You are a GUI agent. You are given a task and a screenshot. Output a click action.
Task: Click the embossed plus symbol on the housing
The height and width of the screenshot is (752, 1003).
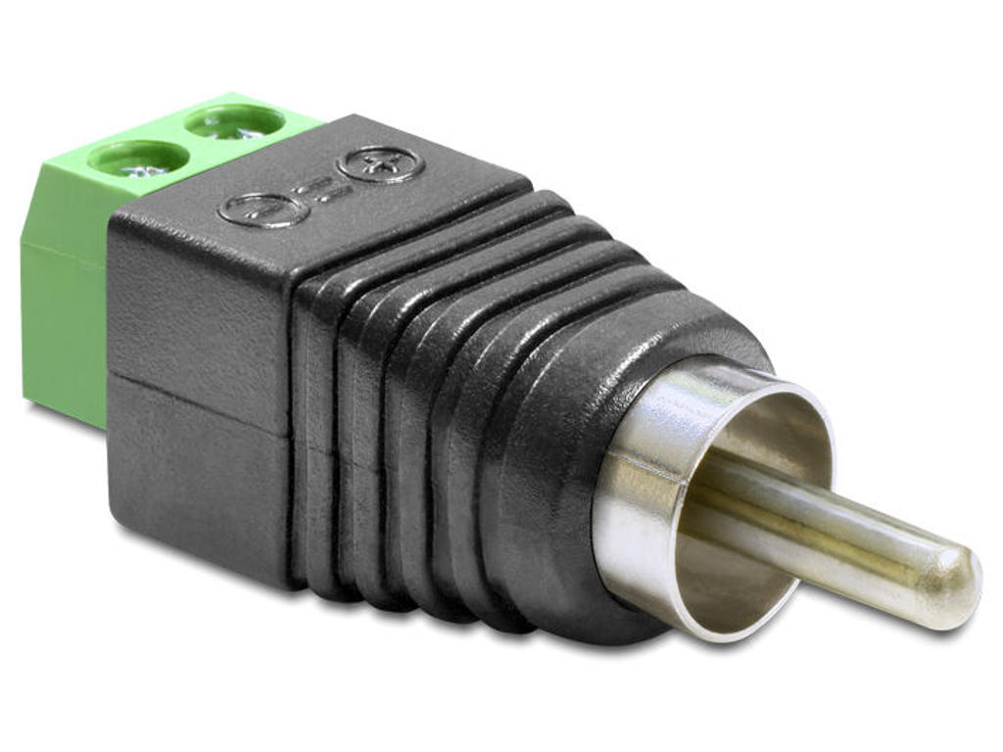pyautogui.click(x=380, y=164)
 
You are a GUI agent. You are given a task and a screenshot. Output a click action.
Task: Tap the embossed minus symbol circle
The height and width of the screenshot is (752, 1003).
pyautogui.click(x=263, y=209)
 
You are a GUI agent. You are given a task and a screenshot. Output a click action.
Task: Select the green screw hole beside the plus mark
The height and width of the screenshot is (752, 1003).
pyautogui.click(x=234, y=121)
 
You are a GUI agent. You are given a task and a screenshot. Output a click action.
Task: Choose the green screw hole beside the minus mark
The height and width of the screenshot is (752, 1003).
pyautogui.click(x=138, y=158)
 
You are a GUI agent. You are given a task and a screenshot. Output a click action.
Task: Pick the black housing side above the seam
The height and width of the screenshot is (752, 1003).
pyautogui.click(x=196, y=313)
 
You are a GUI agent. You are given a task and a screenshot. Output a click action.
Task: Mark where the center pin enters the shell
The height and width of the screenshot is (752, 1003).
pyautogui.click(x=715, y=490)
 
